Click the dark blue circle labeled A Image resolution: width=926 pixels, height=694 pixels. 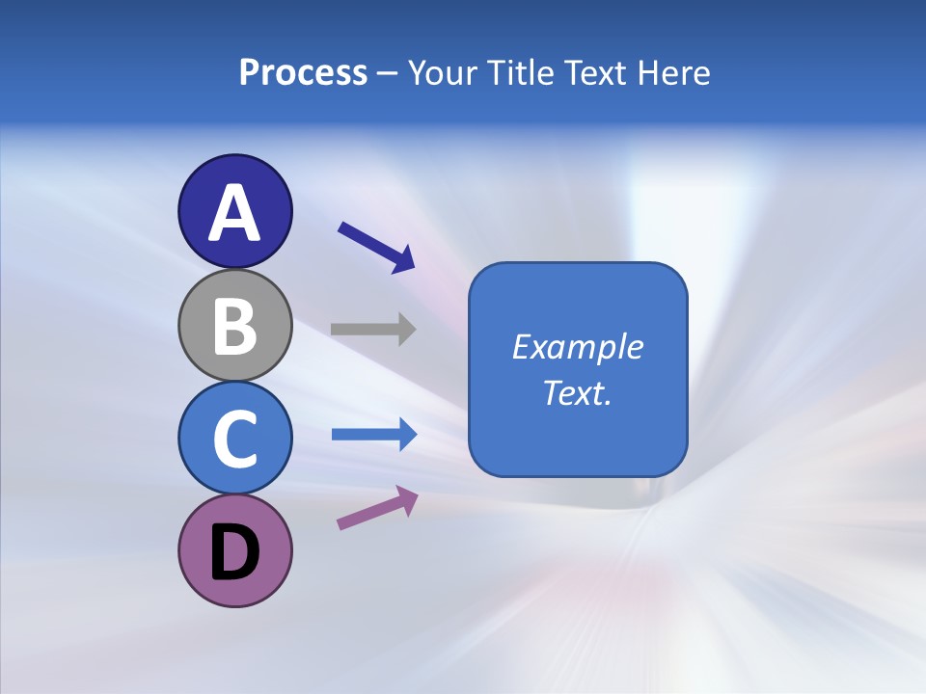coord(234,188)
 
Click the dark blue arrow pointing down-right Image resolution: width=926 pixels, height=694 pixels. coord(376,247)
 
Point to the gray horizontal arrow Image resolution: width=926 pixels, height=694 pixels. coord(372,329)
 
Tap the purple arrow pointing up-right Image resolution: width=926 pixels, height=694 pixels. coord(377,508)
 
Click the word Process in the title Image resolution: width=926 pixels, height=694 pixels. coord(303,73)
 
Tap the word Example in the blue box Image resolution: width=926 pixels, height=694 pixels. coord(578,347)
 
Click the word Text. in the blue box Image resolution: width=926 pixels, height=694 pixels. coord(578,392)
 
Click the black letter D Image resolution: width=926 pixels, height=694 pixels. coord(234,553)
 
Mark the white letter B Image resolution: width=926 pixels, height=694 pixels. coord(234,325)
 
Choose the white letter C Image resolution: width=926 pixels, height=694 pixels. coord(234,438)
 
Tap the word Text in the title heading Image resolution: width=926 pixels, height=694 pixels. coord(595,73)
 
